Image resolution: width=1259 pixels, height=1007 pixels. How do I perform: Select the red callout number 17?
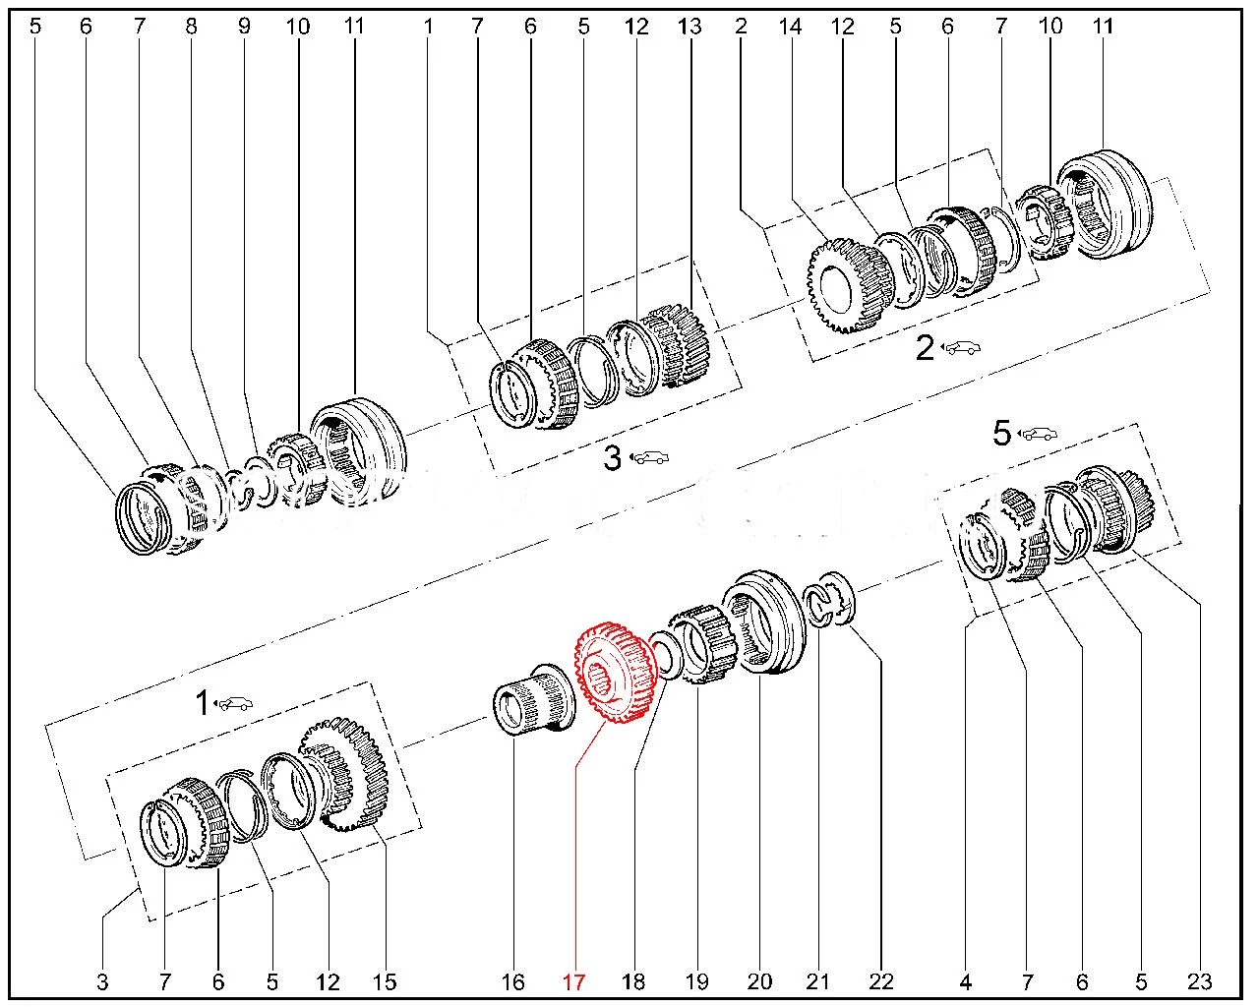(x=573, y=980)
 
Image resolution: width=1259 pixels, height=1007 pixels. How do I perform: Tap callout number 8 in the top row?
(x=191, y=27)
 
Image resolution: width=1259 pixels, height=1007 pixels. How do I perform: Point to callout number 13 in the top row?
(x=689, y=27)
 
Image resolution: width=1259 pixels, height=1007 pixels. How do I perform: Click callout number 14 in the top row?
(x=790, y=27)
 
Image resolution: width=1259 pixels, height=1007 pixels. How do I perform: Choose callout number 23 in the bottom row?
(x=1199, y=980)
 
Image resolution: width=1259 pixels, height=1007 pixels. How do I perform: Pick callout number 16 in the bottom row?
(x=513, y=980)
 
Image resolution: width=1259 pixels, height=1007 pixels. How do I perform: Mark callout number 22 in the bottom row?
(x=880, y=980)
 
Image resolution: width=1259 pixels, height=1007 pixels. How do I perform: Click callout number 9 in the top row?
(x=244, y=27)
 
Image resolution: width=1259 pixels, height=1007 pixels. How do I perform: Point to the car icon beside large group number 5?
(x=1041, y=433)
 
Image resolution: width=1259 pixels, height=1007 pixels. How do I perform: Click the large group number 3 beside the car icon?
(x=612, y=457)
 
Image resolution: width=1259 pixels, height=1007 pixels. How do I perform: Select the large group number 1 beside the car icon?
(x=202, y=703)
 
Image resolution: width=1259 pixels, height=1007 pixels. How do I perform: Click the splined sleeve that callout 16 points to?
(x=532, y=697)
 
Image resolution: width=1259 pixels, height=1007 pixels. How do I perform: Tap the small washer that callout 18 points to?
(x=665, y=657)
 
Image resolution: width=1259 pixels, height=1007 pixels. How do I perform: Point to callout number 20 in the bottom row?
(x=759, y=980)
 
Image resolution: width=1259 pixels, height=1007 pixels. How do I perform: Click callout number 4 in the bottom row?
(x=966, y=980)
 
